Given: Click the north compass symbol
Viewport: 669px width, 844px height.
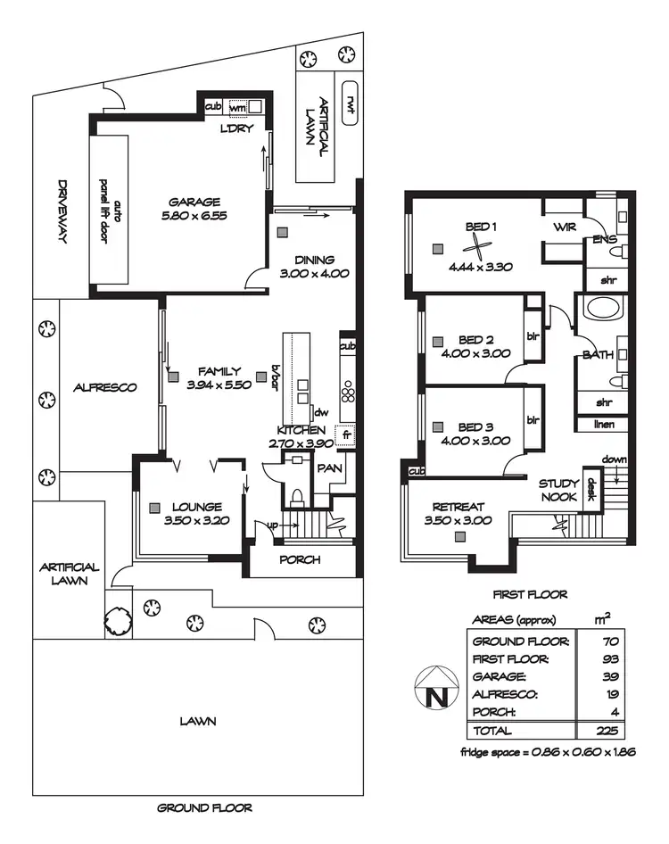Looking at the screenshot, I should click(x=436, y=688).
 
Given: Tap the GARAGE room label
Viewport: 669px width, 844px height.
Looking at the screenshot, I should click(x=194, y=202).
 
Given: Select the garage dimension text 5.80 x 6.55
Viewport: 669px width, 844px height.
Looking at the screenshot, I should click(x=194, y=216).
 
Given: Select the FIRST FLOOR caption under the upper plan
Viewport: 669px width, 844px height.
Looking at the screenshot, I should click(x=530, y=594).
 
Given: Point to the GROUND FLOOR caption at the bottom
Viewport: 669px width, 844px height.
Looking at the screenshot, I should click(x=204, y=808).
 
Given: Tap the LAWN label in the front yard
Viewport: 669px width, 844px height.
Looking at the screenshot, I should click(x=197, y=721).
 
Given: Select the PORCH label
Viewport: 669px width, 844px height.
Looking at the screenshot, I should click(x=300, y=560).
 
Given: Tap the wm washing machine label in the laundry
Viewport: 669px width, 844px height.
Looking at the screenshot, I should click(x=237, y=107).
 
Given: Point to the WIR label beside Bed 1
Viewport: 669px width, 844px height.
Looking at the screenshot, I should click(x=562, y=228).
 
